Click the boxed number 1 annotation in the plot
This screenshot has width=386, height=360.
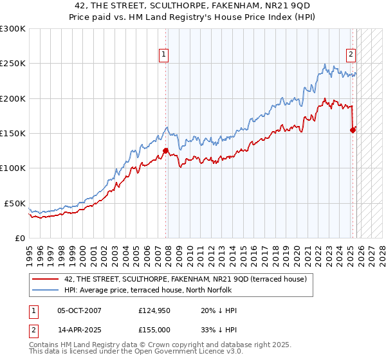165,55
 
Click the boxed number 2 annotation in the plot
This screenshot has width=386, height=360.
351,55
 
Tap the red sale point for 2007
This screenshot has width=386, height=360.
165,151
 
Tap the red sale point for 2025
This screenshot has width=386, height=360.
353,130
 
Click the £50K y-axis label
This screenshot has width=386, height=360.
15,203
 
